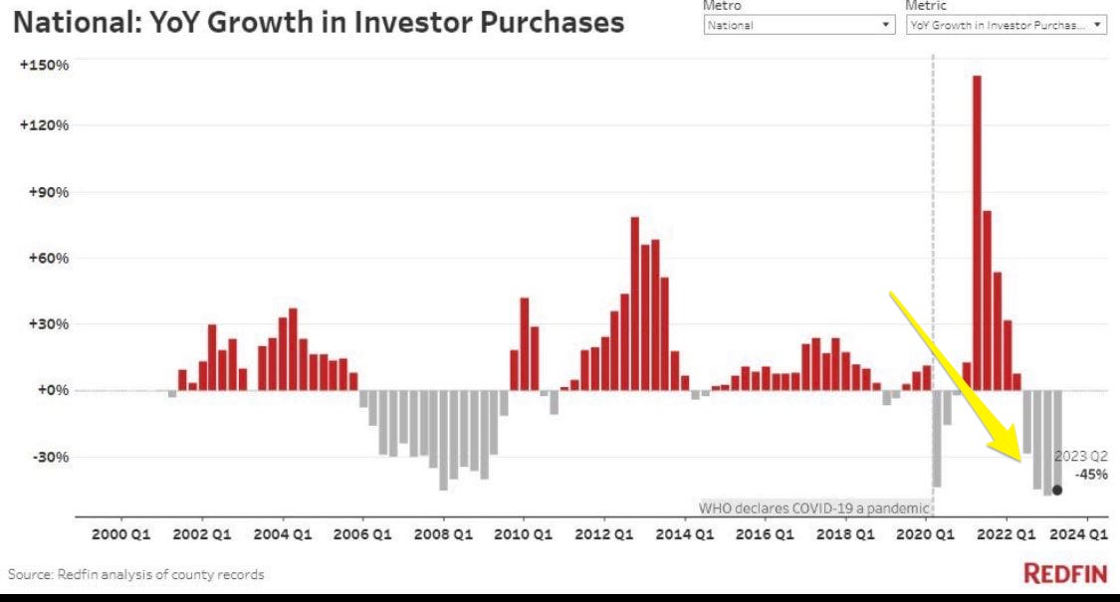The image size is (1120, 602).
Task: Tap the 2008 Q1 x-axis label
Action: coord(444,534)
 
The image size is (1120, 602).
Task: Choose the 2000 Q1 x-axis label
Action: coord(121,534)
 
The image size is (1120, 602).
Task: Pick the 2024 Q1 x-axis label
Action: coord(1083,534)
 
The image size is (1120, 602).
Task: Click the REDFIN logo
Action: coord(1065,574)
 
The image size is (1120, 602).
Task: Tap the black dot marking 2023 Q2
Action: coord(1057,490)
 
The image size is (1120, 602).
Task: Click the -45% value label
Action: coord(1091,474)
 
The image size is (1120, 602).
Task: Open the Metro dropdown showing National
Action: coord(798,26)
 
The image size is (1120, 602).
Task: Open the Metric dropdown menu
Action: coord(1006,26)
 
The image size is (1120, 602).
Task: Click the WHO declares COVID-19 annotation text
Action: coord(813,507)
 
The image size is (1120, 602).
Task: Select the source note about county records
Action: coord(136,575)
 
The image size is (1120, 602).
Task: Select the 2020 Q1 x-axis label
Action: coord(926,534)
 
